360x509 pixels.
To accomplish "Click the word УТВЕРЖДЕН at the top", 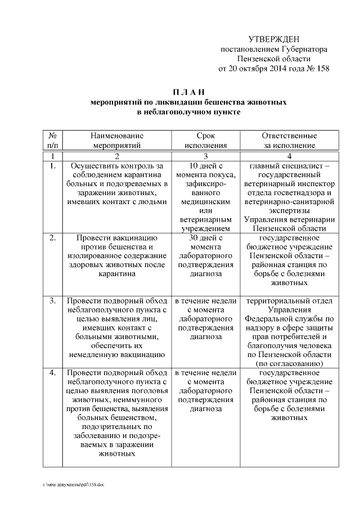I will pos(274,39).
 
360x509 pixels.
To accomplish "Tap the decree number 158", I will pos(322,69).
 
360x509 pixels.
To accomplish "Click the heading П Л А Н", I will pos(189,92).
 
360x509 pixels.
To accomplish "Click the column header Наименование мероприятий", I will pos(118,140).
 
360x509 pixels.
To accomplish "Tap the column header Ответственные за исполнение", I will pos(289,140).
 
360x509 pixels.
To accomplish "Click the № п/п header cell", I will pos(52,140).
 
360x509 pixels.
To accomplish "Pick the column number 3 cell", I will pos(205,156).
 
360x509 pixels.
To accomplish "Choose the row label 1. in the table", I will pos(52,166).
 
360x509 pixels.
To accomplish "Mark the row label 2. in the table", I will pos(52,238).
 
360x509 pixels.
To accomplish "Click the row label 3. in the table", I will pos(52,301).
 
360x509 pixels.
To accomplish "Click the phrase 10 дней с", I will pos(205,166).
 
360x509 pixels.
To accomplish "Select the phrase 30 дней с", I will pos(205,238).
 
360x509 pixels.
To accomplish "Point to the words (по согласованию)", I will pos(289,364).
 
